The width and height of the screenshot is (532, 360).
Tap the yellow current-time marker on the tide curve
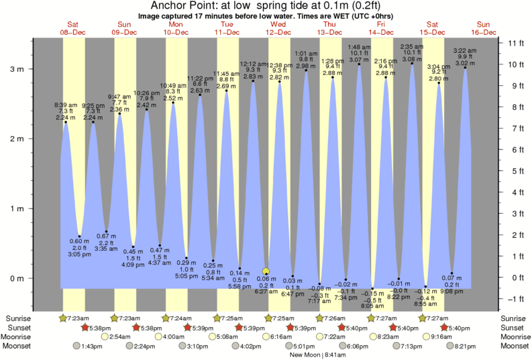pyautogui.click(x=266, y=272)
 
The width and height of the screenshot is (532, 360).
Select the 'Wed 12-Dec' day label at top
pyautogui.click(x=278, y=28)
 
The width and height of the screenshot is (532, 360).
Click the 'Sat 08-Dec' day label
pyautogui.click(x=73, y=28)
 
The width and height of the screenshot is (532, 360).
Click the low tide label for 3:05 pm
pyautogui.click(x=80, y=247)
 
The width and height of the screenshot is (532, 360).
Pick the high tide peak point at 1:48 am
pyautogui.click(x=359, y=64)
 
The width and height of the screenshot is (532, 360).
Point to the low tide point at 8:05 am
pyautogui.click(x=372, y=289)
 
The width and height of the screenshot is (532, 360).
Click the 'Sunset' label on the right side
pyautogui.click(x=513, y=327)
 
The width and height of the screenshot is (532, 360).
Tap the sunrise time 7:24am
pyautogui.click(x=177, y=318)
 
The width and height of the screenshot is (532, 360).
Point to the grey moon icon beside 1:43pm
pyautogui.click(x=78, y=346)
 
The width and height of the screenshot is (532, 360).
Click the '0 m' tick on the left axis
pyautogui.click(x=15, y=278)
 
